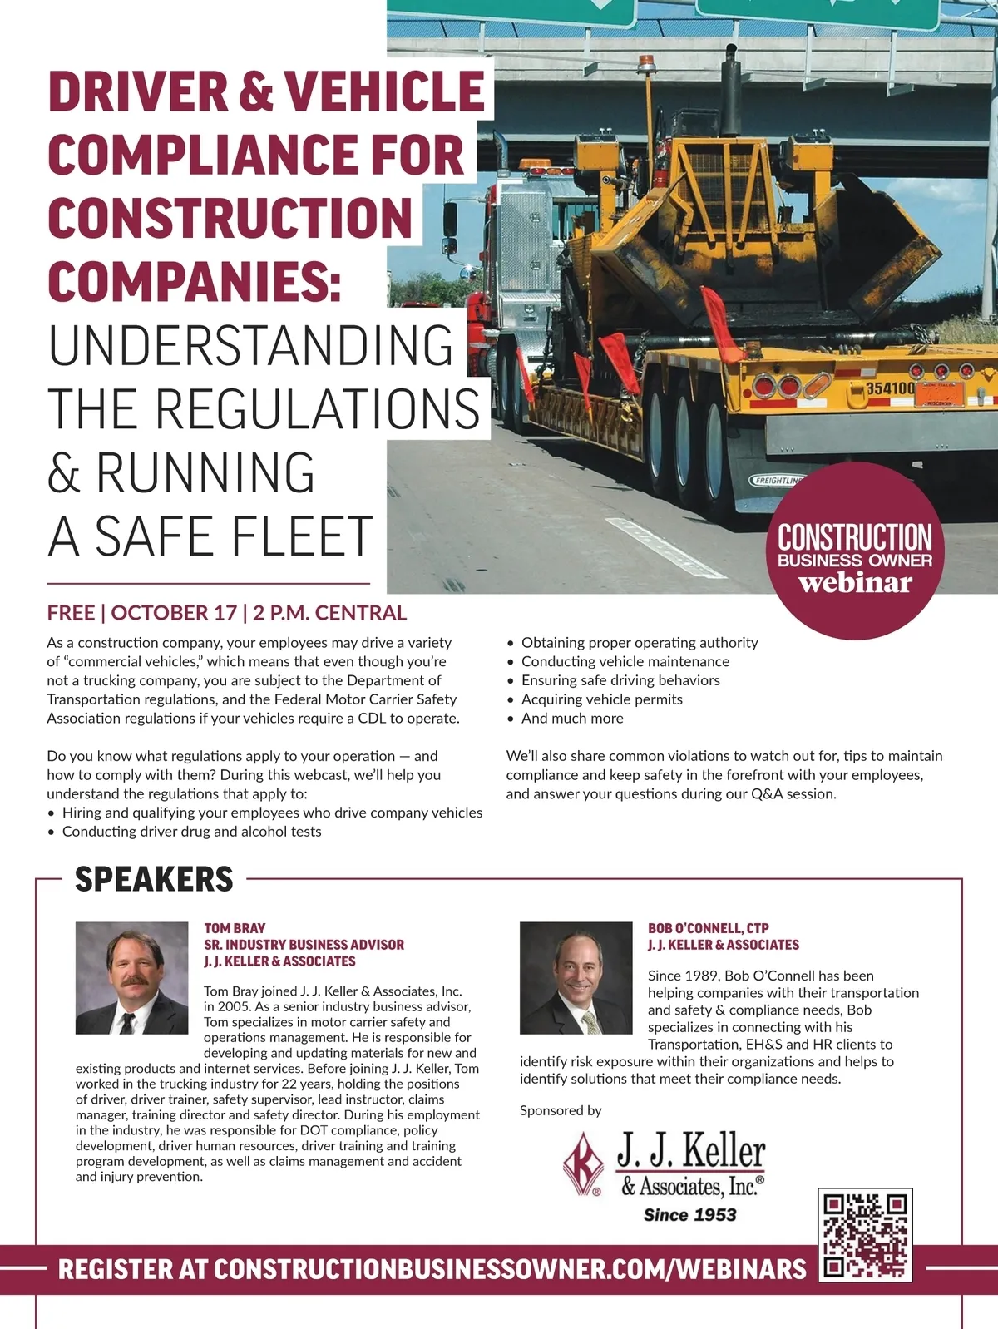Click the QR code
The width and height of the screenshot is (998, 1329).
click(x=866, y=1235)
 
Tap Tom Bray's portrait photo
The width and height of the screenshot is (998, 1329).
click(x=131, y=977)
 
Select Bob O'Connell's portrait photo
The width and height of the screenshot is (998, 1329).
click(x=576, y=977)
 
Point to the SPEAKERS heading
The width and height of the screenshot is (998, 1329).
click(x=154, y=879)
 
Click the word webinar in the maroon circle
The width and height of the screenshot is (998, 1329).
click(x=855, y=582)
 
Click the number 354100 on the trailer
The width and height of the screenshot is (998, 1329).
click(x=890, y=388)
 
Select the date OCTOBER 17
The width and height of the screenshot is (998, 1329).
click(x=174, y=613)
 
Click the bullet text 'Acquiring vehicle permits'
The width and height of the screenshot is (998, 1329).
click(x=601, y=699)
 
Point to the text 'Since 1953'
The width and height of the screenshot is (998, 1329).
click(x=689, y=1215)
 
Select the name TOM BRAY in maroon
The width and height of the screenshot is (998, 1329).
click(x=235, y=928)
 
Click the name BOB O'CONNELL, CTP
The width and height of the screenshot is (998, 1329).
click(x=708, y=928)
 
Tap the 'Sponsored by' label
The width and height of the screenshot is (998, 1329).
click(x=561, y=1110)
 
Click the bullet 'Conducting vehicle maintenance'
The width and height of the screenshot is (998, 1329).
click(x=625, y=661)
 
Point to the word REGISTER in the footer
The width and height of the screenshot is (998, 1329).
click(x=115, y=1269)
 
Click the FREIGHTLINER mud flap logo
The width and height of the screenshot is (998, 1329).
click(x=778, y=481)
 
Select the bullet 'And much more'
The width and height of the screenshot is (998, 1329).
click(x=572, y=719)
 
